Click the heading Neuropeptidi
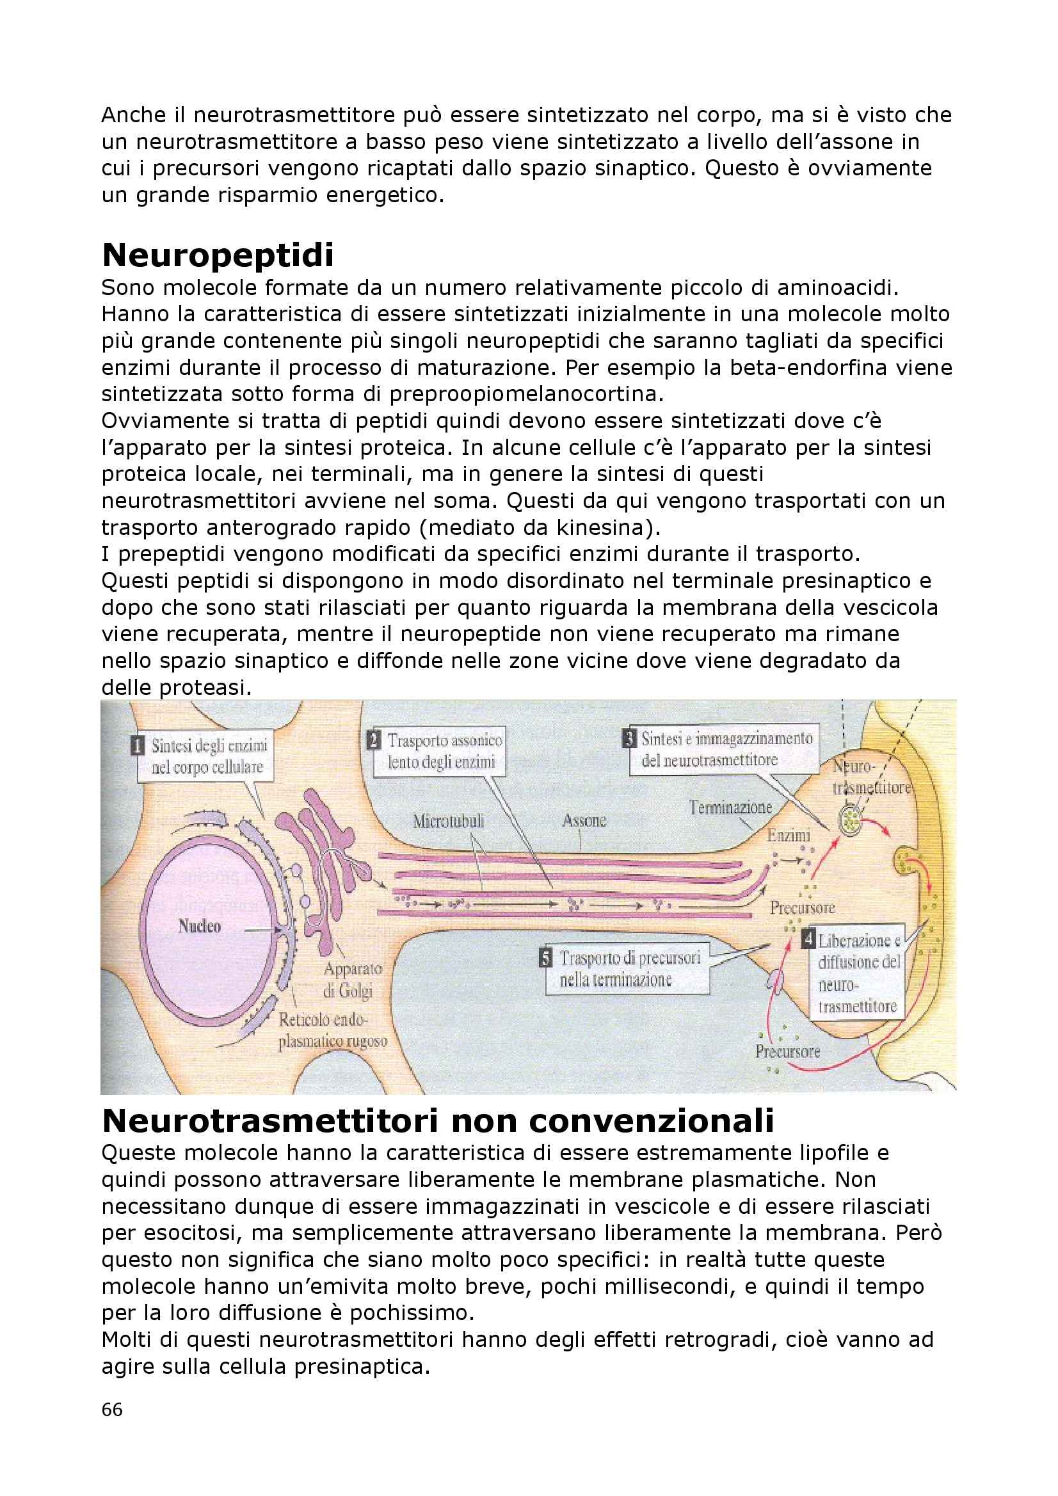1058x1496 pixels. [x=218, y=255]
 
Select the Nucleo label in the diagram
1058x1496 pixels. [x=200, y=926]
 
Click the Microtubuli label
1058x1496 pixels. [x=449, y=821]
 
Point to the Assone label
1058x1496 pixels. [x=584, y=820]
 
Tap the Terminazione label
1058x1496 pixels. [x=730, y=808]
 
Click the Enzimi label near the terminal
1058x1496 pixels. [x=789, y=835]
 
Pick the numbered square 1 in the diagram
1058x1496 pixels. [x=138, y=745]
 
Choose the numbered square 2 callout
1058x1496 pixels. [x=374, y=740]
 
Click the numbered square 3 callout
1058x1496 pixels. [x=630, y=739]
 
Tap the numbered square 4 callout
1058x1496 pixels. [x=808, y=940]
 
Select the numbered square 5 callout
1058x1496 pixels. [x=546, y=959]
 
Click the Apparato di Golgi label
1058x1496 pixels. [x=352, y=980]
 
